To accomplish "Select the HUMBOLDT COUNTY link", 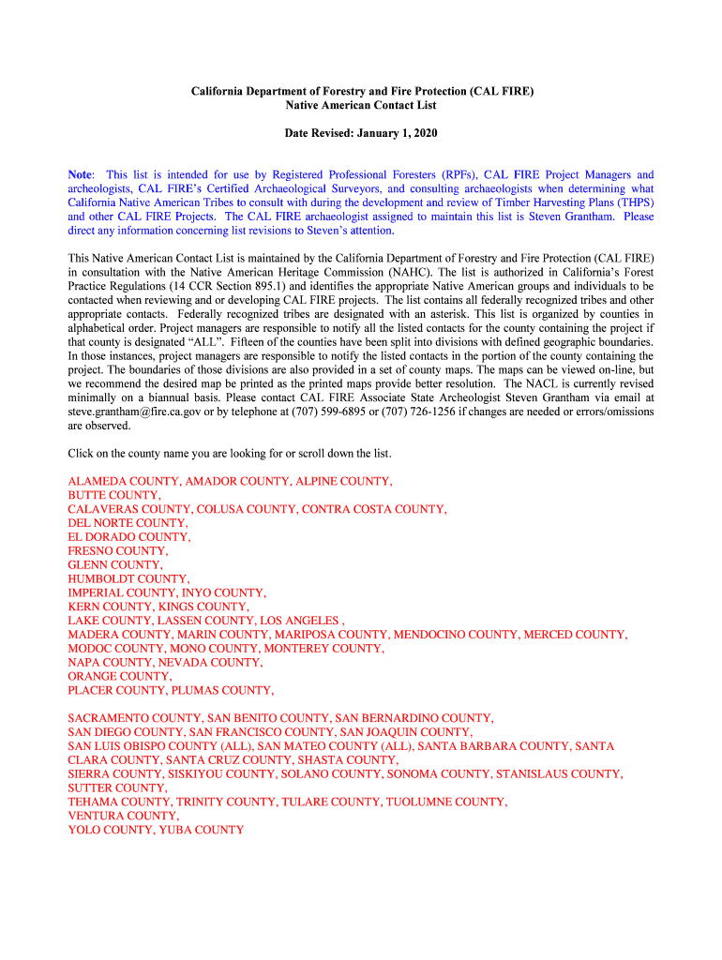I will tap(128, 579).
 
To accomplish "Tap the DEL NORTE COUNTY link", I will tap(127, 523).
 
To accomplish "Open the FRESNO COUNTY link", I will tap(117, 551).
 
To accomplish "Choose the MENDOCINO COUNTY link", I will tap(455, 635).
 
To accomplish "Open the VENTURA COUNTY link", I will tap(122, 817).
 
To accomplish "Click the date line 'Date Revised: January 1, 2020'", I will tap(361, 134).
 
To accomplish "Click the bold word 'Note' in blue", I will tap(80, 175).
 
